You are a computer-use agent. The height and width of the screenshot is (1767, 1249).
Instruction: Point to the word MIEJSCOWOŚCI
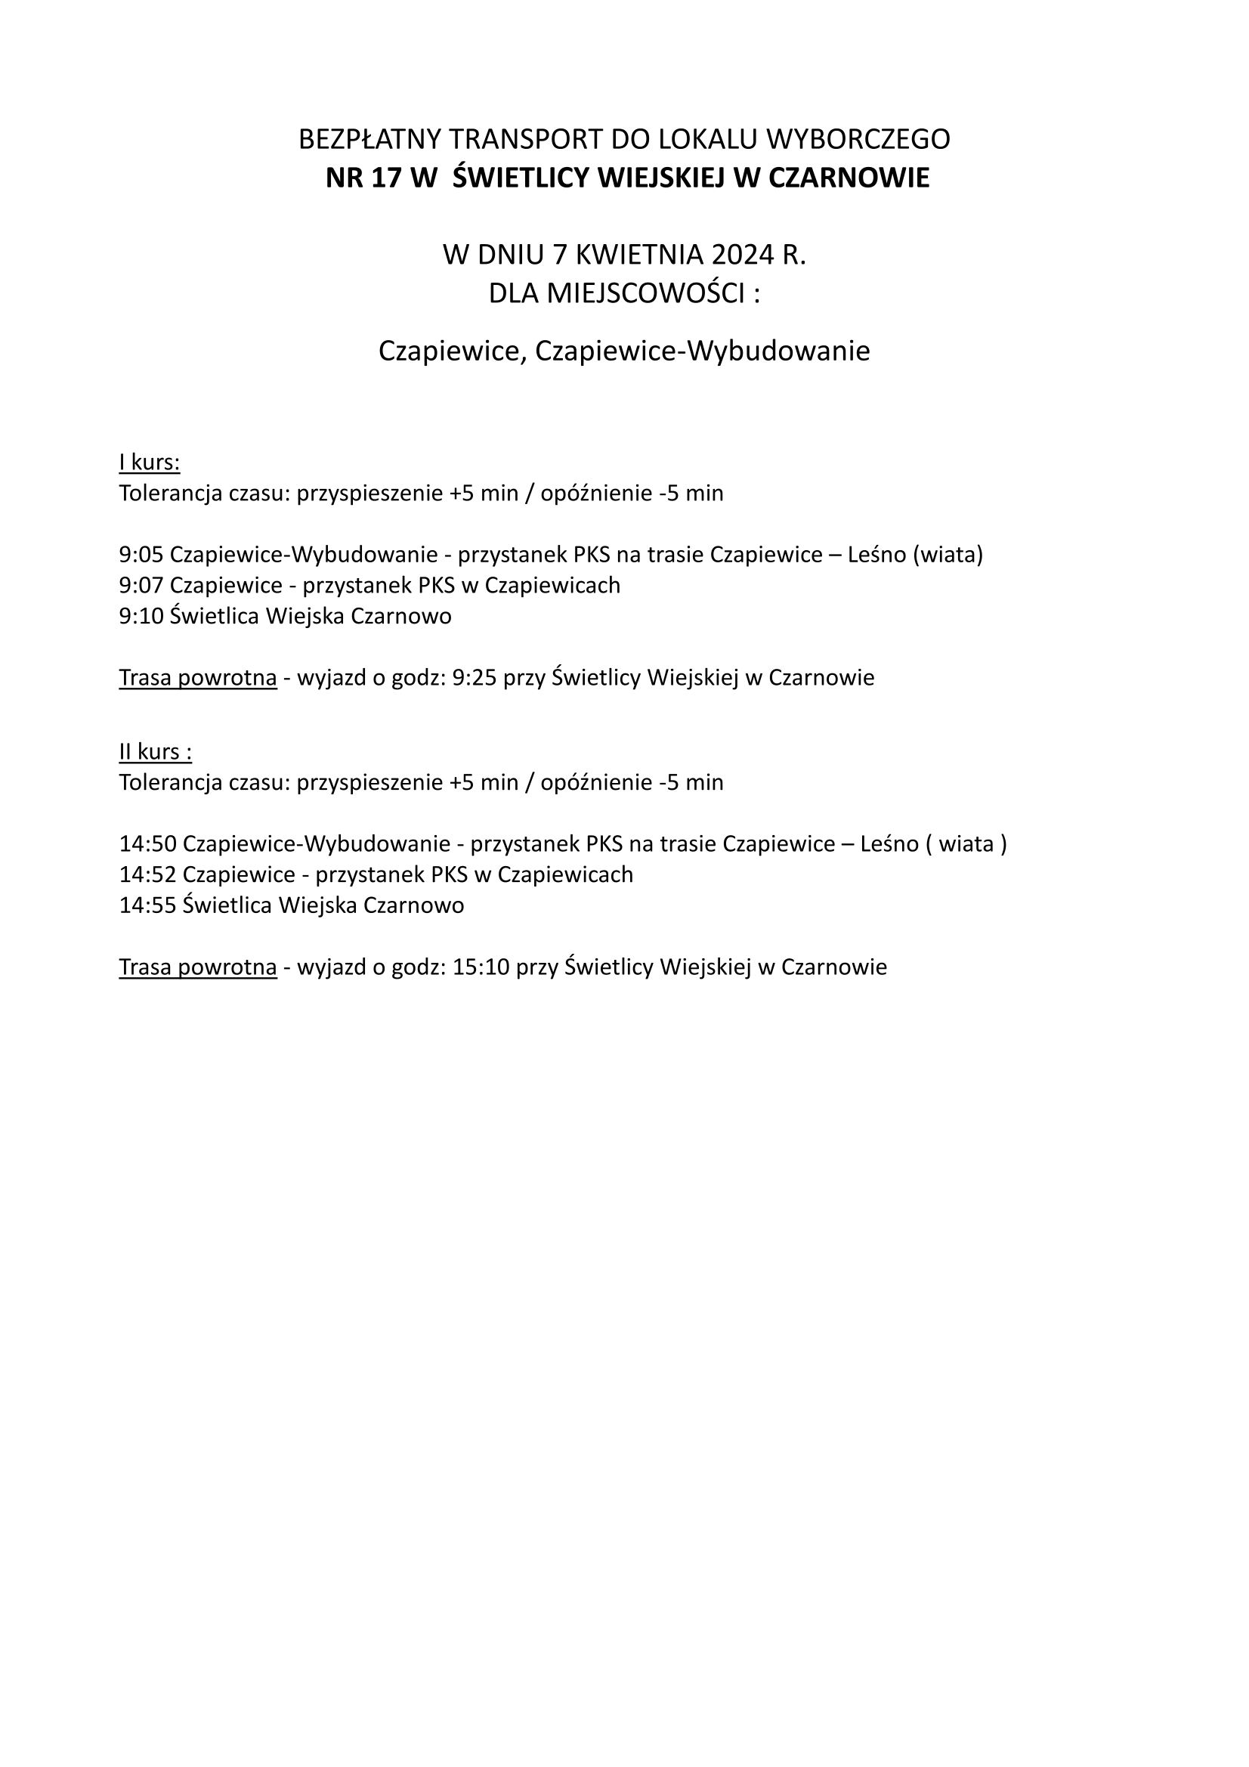tap(645, 293)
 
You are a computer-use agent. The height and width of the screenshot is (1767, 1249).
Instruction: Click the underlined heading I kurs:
tap(150, 463)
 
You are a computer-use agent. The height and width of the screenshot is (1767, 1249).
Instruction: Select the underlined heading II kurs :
tap(156, 752)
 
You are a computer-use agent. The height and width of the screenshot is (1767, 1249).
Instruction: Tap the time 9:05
tap(141, 555)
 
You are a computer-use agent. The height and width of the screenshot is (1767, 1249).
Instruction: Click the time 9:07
tap(141, 586)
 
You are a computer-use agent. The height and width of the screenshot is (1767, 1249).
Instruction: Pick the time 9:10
tap(141, 617)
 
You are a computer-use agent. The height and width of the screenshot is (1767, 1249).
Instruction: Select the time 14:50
tap(148, 844)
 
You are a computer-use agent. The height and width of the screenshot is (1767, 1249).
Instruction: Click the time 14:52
tap(148, 875)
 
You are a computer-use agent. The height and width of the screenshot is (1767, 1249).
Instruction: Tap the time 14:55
tap(148, 906)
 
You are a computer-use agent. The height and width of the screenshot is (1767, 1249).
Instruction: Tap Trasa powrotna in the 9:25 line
tap(198, 678)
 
